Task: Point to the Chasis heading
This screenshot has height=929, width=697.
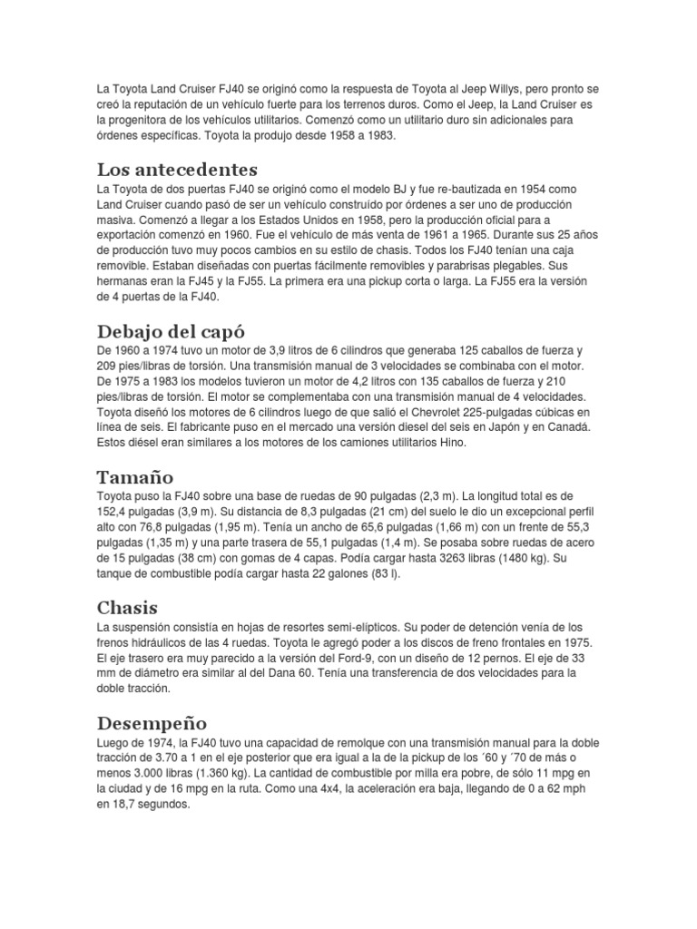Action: point(128,607)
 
